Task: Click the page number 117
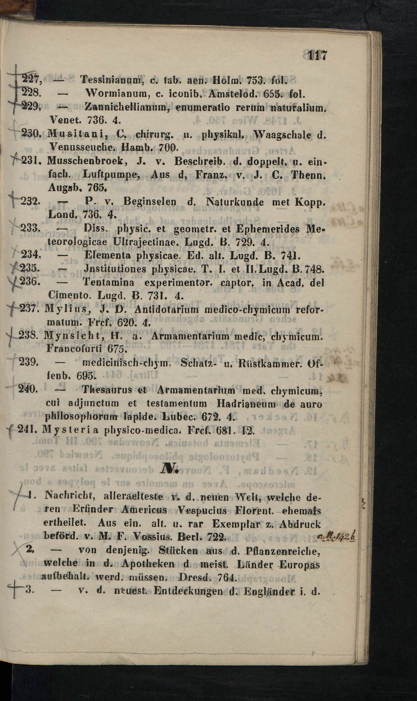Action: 317,56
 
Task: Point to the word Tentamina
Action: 109,283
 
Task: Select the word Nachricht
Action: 71,497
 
